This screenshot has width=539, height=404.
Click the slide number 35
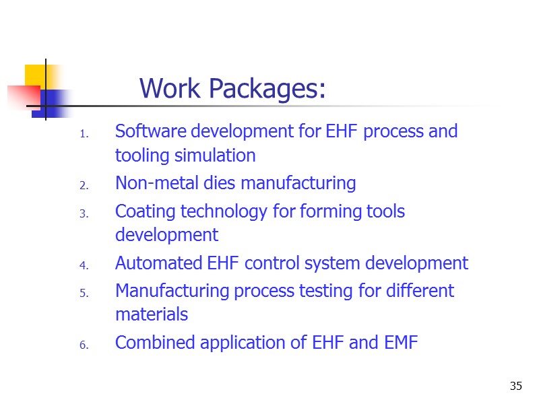point(516,386)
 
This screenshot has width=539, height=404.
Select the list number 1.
point(84,134)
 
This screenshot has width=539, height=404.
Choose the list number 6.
point(84,345)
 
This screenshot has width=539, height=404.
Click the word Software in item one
point(148,131)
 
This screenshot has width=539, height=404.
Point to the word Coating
point(142,211)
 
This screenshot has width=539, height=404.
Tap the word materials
point(152,314)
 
